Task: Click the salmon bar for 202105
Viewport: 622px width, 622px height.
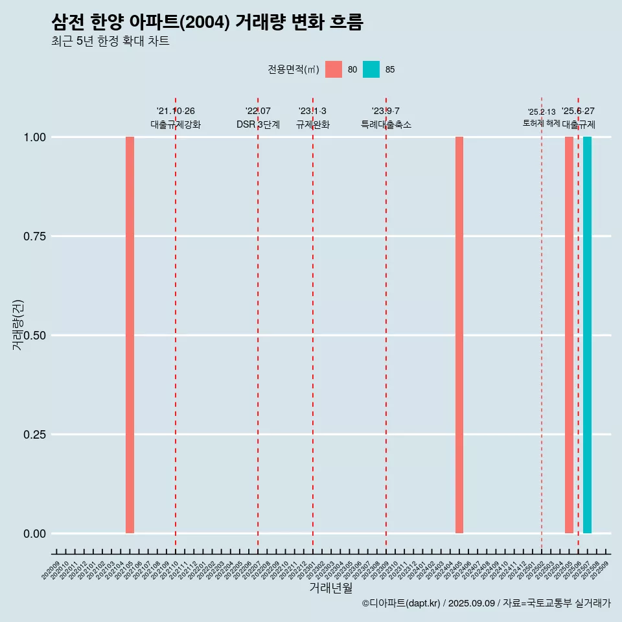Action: coord(130,335)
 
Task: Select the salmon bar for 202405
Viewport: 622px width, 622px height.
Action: coord(459,335)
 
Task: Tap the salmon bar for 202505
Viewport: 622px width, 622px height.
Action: coord(569,335)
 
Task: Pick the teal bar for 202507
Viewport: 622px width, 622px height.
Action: coord(587,335)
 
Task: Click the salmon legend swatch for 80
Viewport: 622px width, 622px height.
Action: coord(334,69)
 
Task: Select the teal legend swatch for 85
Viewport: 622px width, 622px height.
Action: coord(371,69)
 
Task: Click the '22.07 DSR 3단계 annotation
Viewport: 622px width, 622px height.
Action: coord(258,118)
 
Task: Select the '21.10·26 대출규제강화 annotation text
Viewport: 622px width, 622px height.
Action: coord(176,118)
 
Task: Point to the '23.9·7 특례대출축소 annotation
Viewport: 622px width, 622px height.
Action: coord(386,118)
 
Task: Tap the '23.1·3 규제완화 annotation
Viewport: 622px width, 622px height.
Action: coord(313,118)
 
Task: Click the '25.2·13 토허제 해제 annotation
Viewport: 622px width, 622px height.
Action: coord(541,117)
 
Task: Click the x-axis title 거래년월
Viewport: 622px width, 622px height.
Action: coord(331,588)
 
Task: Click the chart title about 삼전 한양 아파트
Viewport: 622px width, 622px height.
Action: coord(207,23)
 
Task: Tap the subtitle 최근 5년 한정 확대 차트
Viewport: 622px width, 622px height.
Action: coord(110,41)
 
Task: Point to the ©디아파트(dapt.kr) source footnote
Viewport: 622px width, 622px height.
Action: coord(486,603)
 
